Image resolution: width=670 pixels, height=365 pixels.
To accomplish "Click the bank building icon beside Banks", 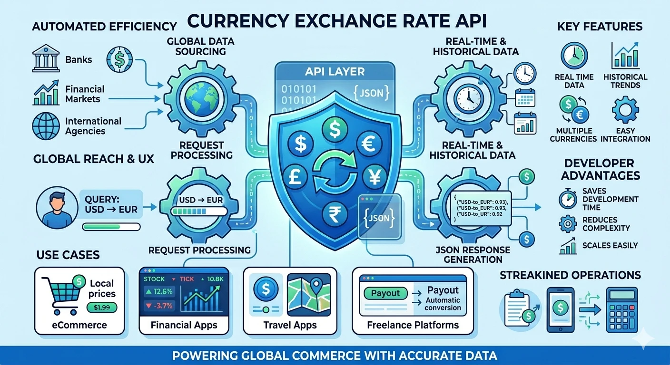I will pos(46,58).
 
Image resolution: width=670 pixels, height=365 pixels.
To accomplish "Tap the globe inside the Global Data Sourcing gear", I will pos(200,99).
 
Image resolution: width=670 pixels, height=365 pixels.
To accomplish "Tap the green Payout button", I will pos(385,293).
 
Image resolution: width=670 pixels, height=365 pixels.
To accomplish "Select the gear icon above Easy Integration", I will pos(625,109).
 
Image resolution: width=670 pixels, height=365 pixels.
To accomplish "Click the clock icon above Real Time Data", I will pos(574,56).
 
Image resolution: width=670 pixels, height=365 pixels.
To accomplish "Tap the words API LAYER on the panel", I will pos(335,72).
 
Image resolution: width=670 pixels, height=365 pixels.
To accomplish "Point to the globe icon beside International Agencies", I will pos(46,125).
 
